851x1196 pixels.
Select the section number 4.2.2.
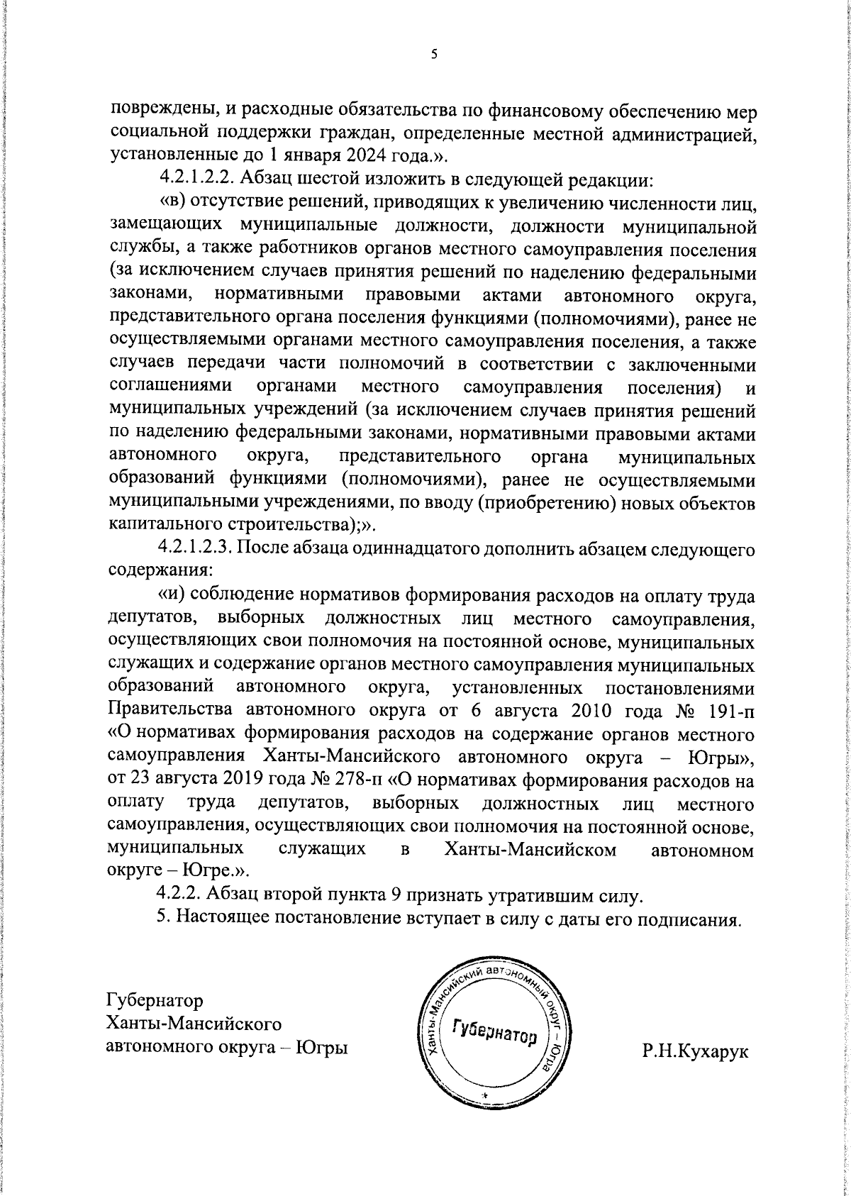pyautogui.click(x=179, y=895)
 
